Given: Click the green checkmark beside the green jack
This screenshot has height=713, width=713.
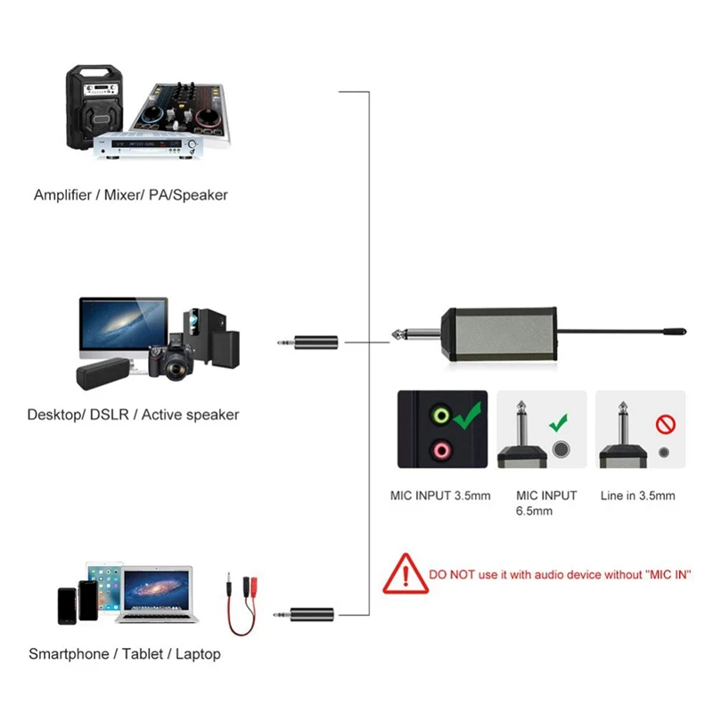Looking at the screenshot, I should [x=466, y=415].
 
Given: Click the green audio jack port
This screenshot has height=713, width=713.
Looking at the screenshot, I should [x=438, y=415].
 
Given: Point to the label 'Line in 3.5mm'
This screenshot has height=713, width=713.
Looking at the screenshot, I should [x=637, y=496].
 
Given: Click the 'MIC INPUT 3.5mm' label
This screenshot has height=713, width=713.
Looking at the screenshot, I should [x=440, y=496].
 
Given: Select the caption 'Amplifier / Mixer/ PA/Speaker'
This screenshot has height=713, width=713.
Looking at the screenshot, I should [x=131, y=194].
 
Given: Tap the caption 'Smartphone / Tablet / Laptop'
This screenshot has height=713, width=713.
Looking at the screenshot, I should [x=125, y=654].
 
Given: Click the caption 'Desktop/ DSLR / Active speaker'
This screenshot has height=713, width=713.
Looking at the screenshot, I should [x=133, y=414].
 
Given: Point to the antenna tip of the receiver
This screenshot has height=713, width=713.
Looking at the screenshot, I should [x=678, y=332].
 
